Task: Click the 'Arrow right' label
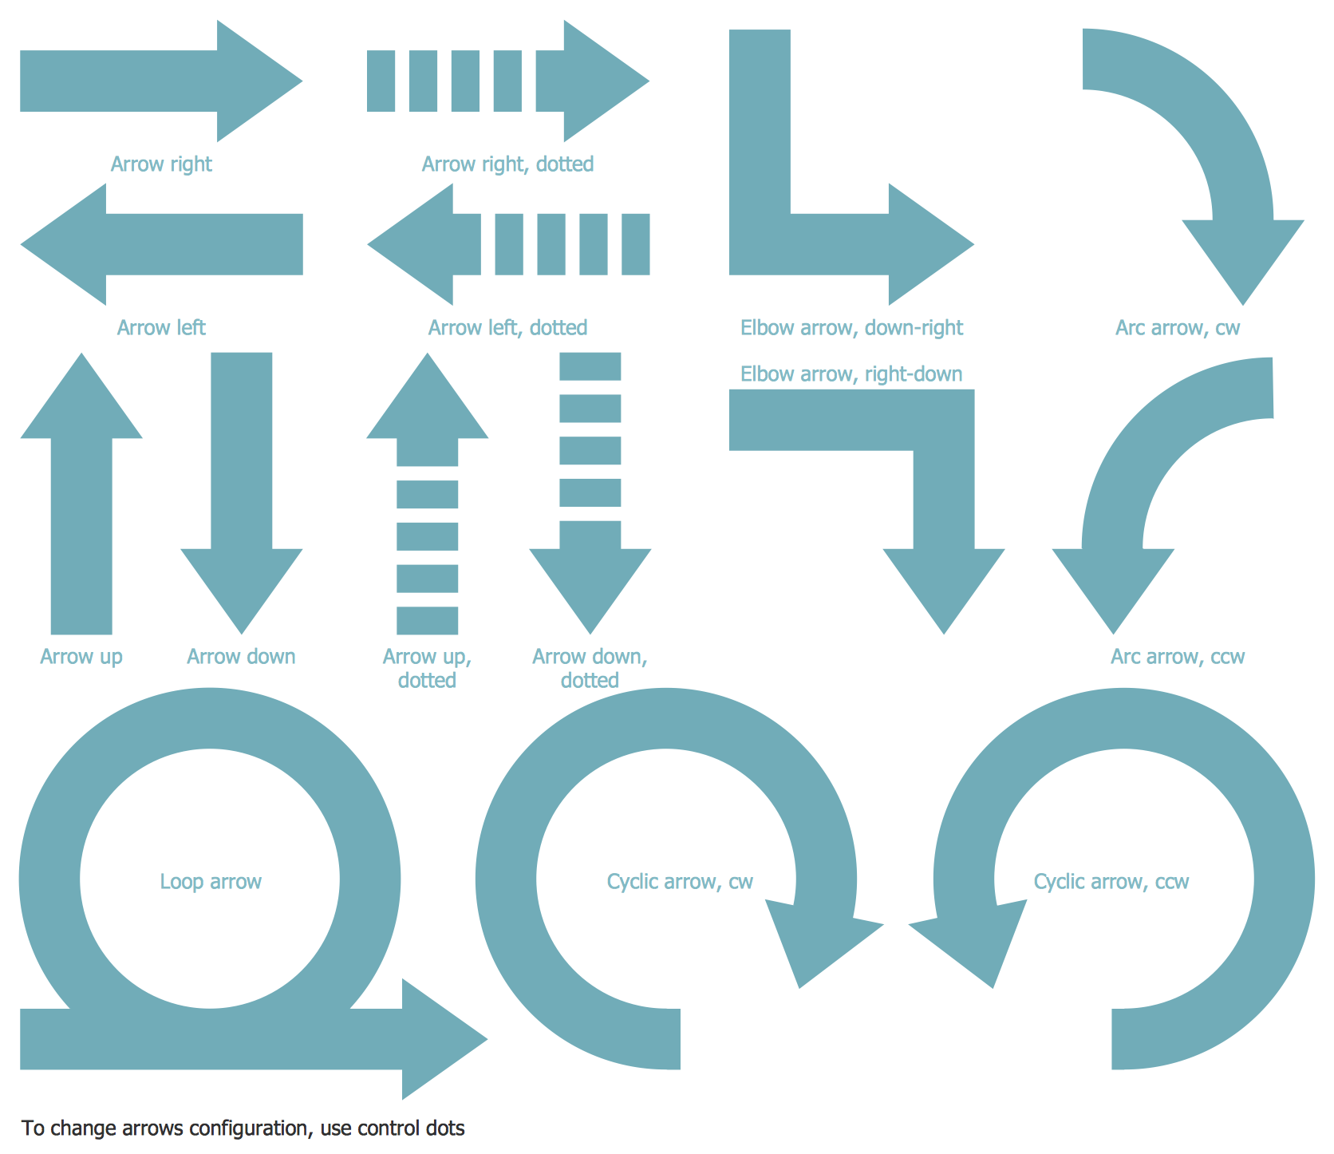coord(161,164)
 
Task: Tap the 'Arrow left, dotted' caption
coord(507,328)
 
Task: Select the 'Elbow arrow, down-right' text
coord(851,328)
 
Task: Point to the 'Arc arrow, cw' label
coord(1178,328)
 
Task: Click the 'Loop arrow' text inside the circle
coord(211,882)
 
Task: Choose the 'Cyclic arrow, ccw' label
coord(1111,882)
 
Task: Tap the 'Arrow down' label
coord(241,657)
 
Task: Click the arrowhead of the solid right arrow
coord(255,81)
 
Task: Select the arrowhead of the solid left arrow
coord(68,244)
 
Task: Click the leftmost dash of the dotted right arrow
coord(381,81)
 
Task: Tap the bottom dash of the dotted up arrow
coord(428,621)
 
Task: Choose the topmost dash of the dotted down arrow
coord(590,366)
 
